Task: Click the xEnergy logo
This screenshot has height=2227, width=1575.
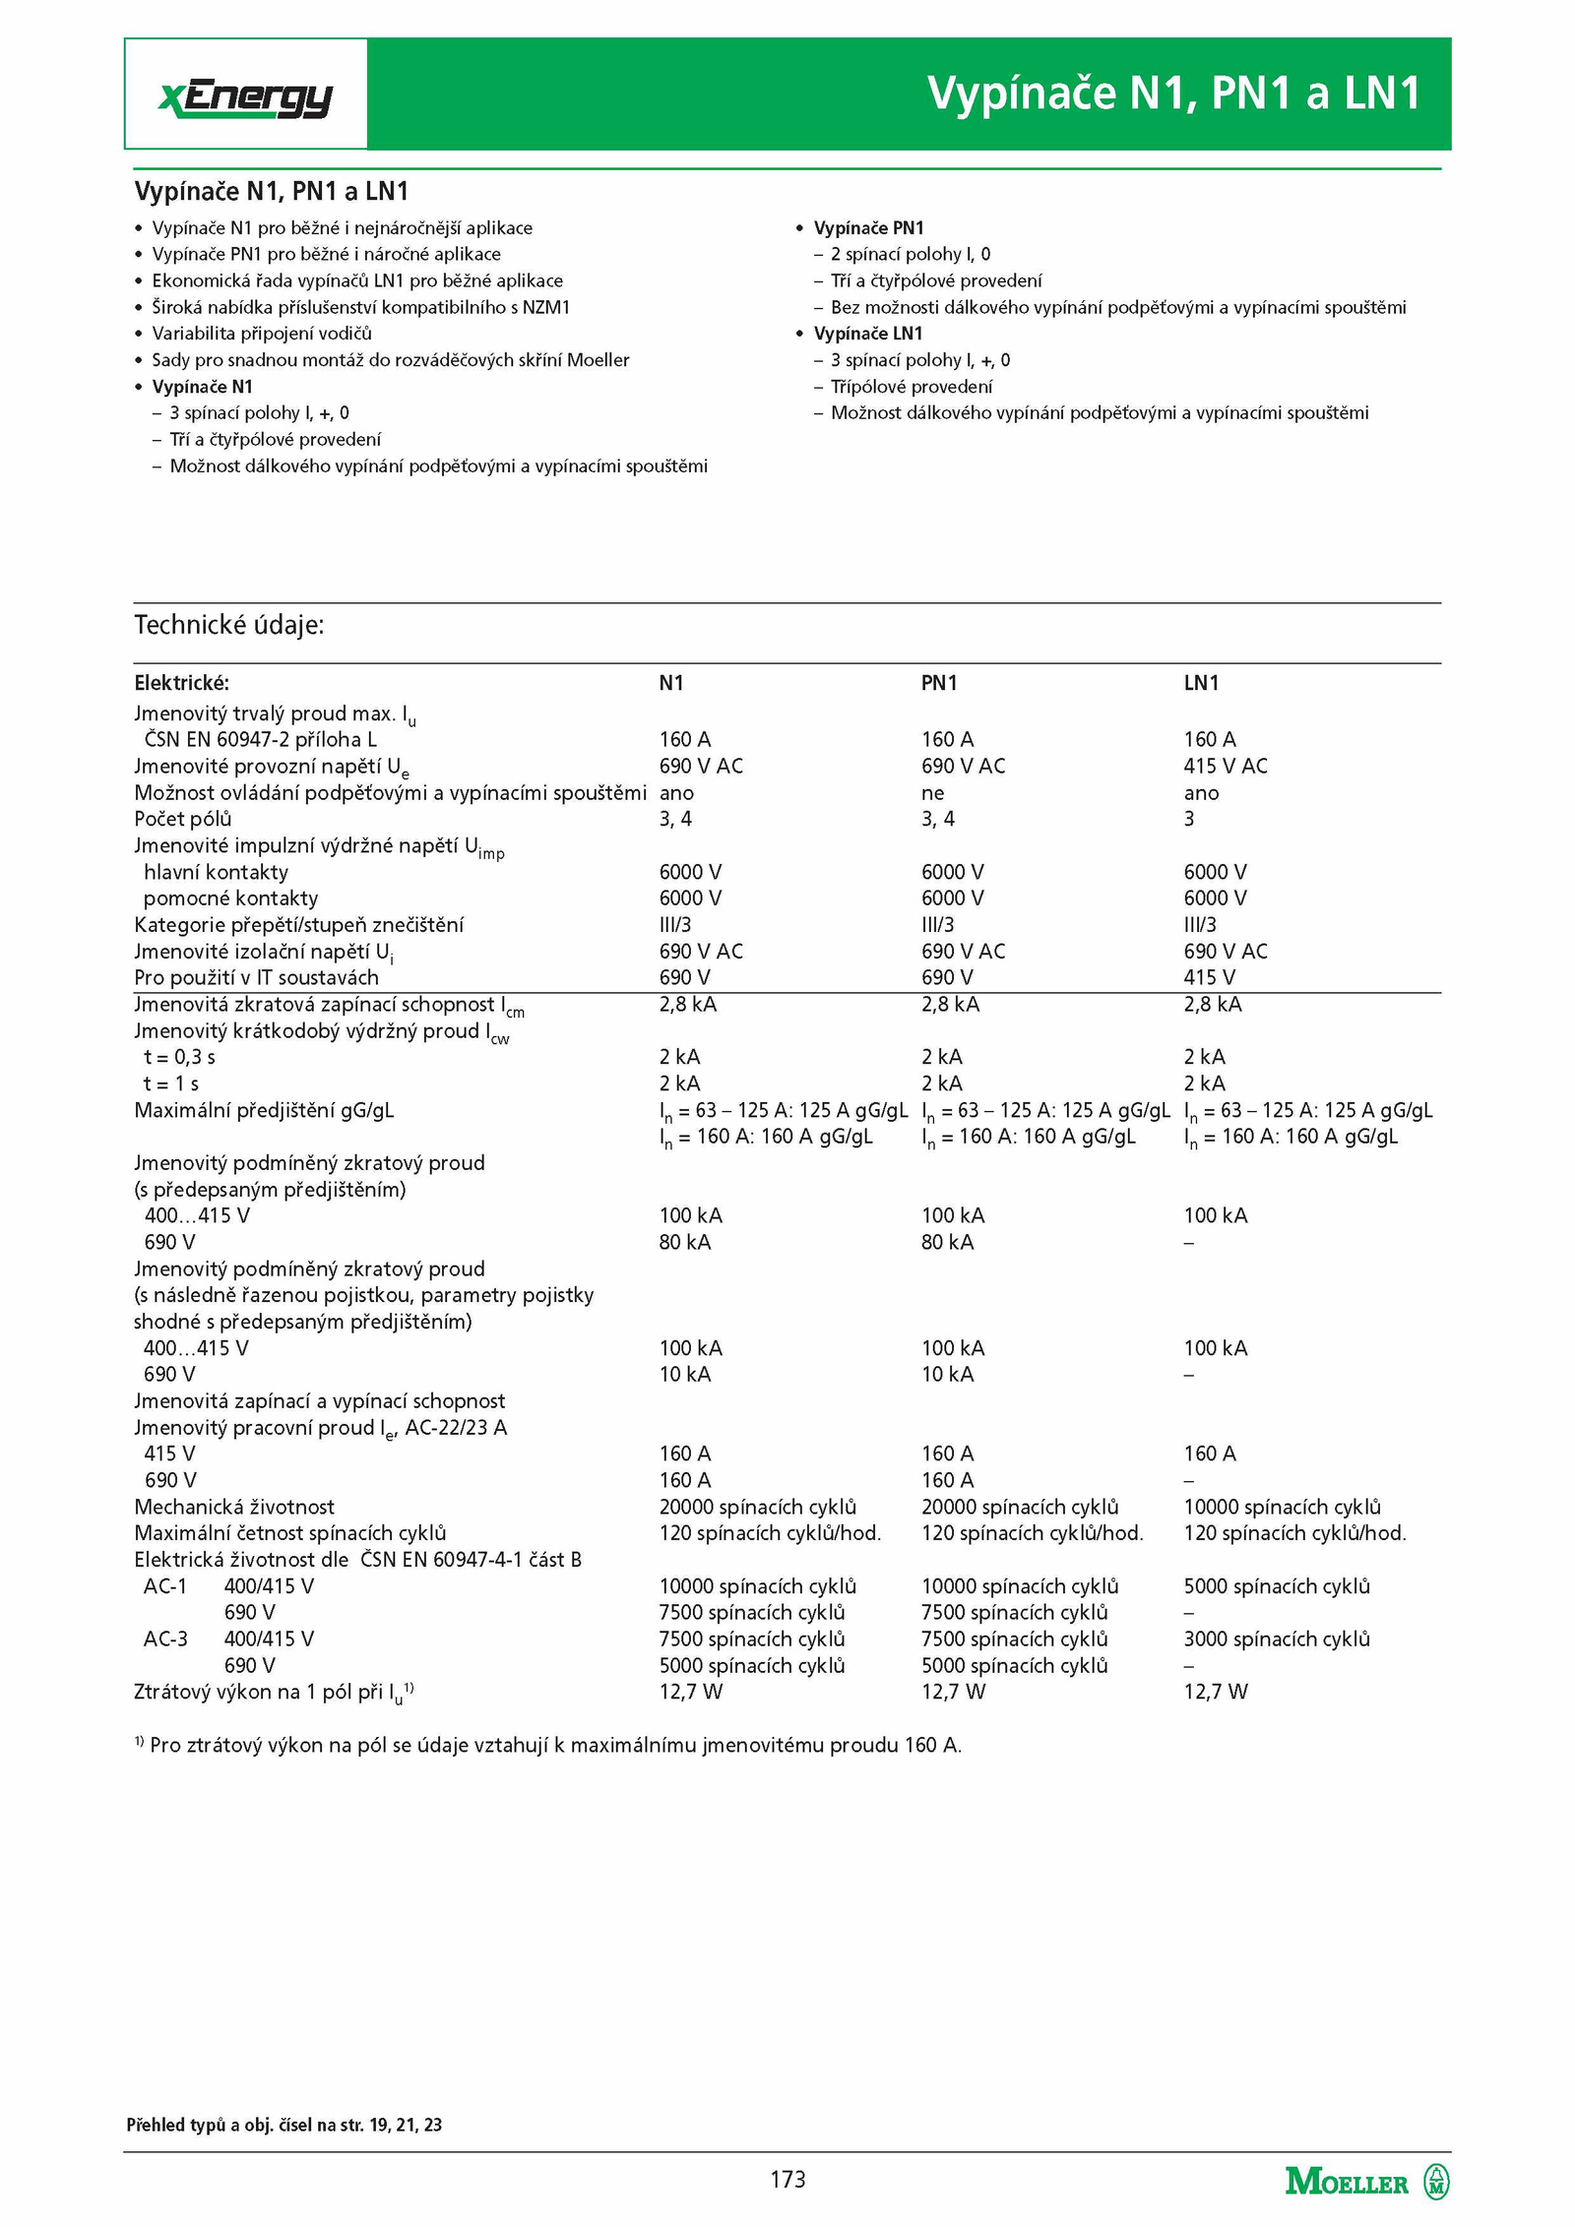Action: [x=245, y=96]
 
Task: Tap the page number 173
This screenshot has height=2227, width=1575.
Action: [x=787, y=2179]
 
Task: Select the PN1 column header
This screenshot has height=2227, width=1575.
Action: [x=938, y=683]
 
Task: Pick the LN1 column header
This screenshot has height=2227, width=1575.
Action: [x=1201, y=683]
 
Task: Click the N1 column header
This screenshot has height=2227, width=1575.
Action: [x=670, y=683]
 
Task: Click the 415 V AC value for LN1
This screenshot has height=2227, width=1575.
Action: [x=1225, y=766]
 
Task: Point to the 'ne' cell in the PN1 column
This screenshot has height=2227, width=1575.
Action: [x=932, y=793]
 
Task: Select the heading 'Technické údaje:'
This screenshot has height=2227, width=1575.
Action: [x=228, y=625]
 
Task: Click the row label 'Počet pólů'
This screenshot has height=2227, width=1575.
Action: [x=183, y=819]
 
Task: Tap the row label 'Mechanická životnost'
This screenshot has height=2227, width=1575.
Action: [x=234, y=1507]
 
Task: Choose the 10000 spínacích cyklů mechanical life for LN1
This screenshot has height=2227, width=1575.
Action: [x=1282, y=1507]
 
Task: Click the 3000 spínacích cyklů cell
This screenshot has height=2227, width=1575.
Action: [x=1276, y=1639]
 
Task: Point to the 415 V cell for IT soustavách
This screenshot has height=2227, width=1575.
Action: [x=1209, y=977]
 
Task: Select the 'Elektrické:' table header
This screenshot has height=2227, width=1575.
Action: [x=181, y=683]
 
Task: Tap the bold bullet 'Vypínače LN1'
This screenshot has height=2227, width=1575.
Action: [x=867, y=334]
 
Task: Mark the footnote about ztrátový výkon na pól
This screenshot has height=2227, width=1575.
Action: [x=547, y=1745]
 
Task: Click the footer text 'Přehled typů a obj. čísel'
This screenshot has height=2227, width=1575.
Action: [x=283, y=2125]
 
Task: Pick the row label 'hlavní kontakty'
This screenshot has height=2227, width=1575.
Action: [x=216, y=872]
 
